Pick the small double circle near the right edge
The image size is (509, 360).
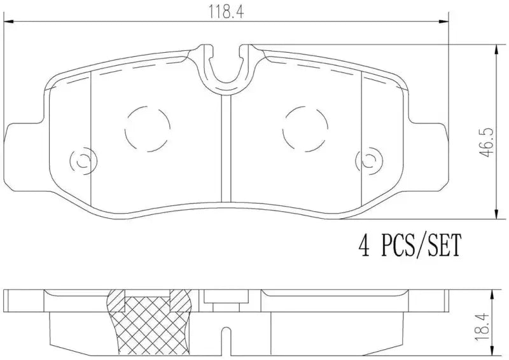tap(368, 160)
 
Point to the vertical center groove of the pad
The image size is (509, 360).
tap(225, 146)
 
